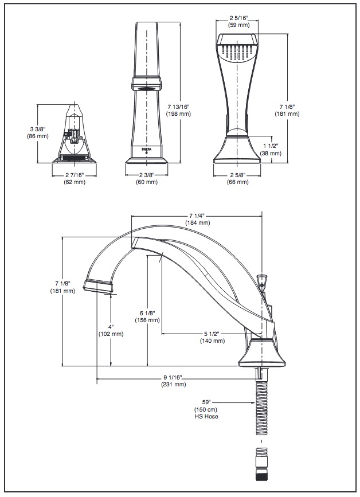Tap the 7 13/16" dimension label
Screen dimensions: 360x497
tap(179, 107)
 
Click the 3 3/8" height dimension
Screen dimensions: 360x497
tap(38, 129)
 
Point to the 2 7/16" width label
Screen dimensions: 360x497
tap(75, 175)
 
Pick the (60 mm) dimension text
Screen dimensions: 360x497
tap(147, 182)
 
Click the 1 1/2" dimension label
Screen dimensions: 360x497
tap(271, 146)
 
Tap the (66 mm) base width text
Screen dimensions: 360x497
tap(238, 182)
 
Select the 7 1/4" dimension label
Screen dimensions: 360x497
tap(197, 216)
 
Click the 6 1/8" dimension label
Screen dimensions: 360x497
tap(147, 313)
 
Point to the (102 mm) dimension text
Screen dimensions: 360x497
tap(111, 334)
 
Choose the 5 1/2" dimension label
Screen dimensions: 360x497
tap(212, 334)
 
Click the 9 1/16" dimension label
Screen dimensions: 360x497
tap(173, 377)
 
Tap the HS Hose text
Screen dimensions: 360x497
tap(206, 416)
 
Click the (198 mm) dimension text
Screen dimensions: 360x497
tap(179, 114)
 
